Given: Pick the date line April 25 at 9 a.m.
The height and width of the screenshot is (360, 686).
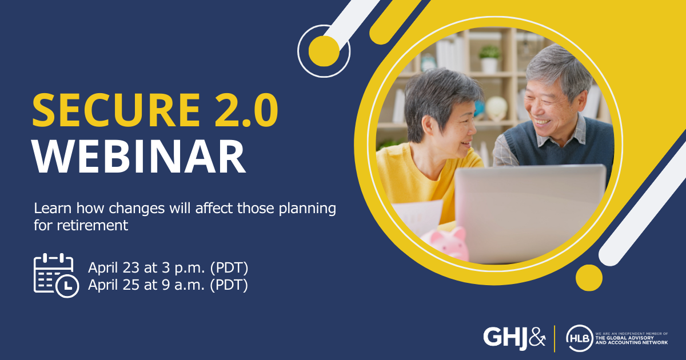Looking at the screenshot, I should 167,285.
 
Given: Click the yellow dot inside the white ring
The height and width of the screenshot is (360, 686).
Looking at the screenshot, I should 324,51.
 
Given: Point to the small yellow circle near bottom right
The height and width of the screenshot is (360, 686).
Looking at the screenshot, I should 589,278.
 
